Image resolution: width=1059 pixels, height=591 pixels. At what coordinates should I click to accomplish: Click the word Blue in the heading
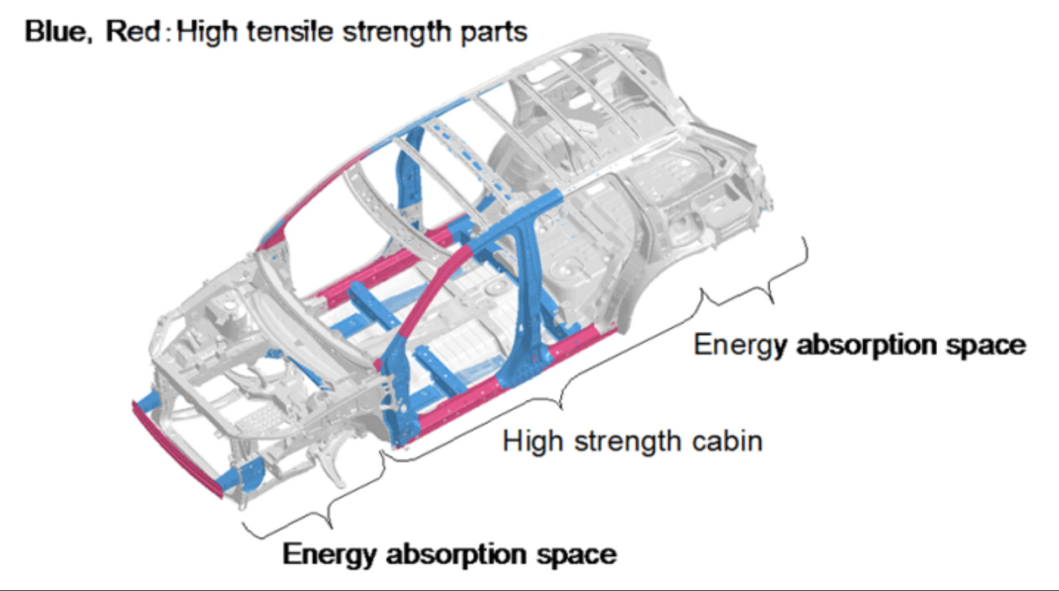[x=54, y=32]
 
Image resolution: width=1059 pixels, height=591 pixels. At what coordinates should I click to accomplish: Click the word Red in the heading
[x=132, y=32]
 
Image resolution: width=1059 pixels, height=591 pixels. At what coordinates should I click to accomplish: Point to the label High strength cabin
[x=632, y=442]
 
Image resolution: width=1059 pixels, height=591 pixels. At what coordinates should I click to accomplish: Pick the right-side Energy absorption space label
[x=859, y=345]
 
